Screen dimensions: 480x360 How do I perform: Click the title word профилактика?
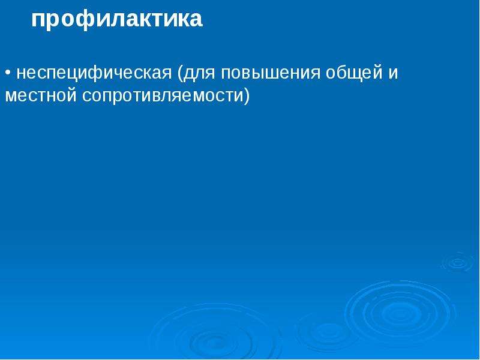(x=116, y=20)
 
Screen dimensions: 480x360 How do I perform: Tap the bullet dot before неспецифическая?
(x=8, y=73)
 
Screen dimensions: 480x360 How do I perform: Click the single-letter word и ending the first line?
(x=393, y=74)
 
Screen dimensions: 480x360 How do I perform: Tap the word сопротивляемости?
(x=163, y=96)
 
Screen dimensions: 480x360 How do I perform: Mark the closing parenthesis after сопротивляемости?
(x=247, y=96)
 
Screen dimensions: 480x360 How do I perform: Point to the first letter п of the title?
(x=38, y=20)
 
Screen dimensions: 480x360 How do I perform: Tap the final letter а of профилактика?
(x=196, y=20)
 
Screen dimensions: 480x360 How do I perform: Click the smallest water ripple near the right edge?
(x=458, y=262)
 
